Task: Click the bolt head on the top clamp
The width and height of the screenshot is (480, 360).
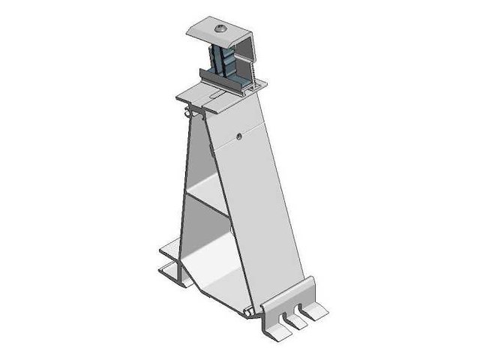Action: (220, 28)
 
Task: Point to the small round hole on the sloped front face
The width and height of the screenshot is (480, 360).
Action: (238, 136)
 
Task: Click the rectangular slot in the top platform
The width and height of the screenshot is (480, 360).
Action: (214, 97)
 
